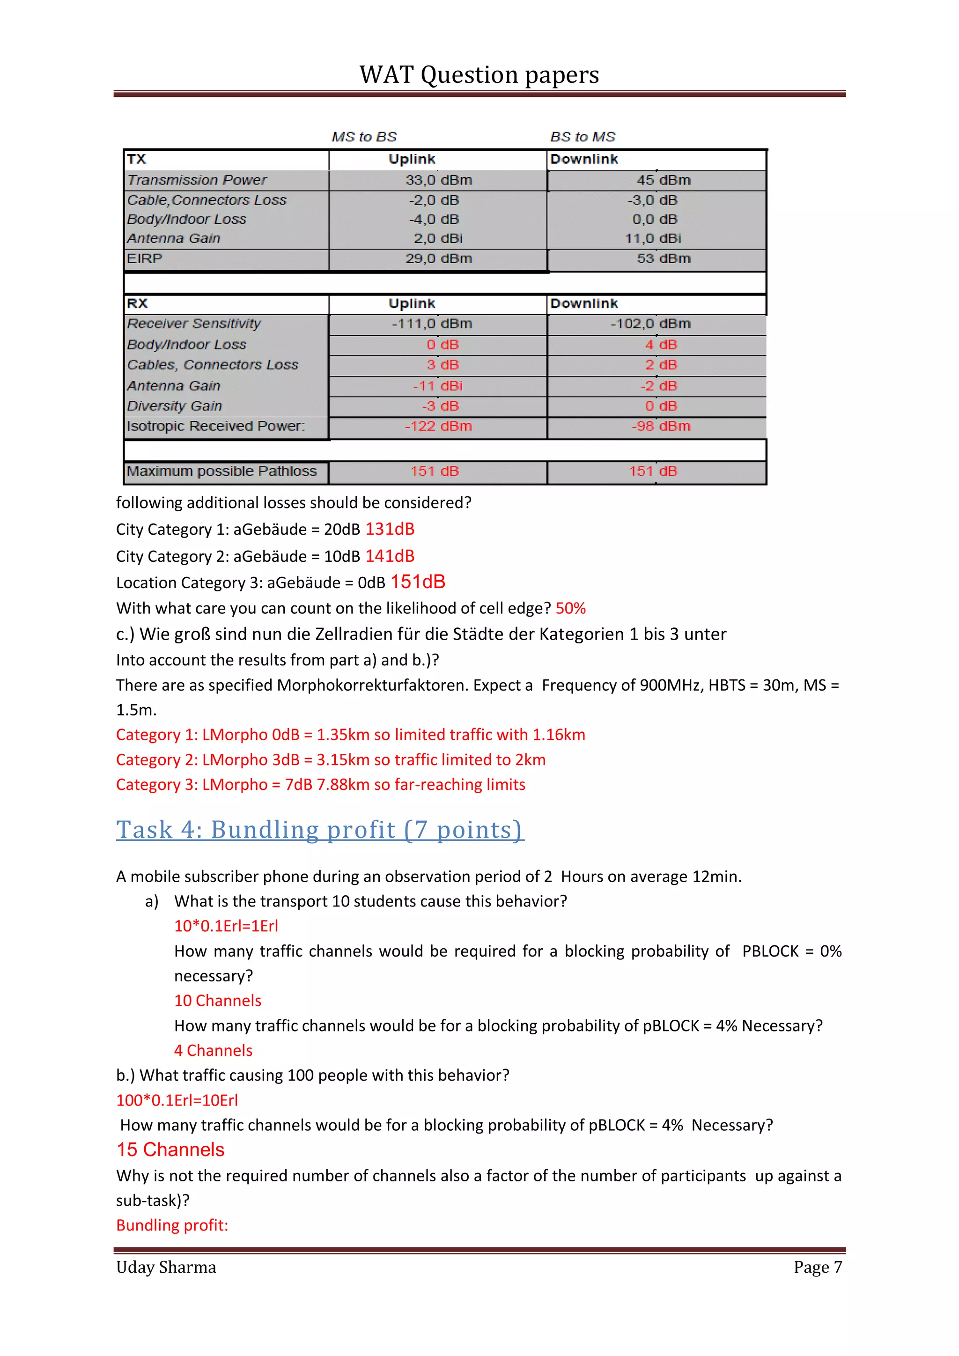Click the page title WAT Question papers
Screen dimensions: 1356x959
[x=479, y=75]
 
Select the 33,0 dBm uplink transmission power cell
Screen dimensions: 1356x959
[x=438, y=180]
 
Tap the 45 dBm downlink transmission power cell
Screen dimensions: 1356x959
[x=663, y=180]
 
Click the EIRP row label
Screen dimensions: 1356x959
[x=145, y=258]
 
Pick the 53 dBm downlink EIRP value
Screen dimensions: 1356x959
[x=663, y=258]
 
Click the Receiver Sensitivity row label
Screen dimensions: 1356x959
[x=194, y=324]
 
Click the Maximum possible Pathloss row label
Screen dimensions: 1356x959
[x=221, y=472]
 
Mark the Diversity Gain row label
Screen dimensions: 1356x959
[x=174, y=406]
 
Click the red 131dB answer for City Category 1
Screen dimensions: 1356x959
[x=390, y=529]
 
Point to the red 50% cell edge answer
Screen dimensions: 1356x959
[x=570, y=608]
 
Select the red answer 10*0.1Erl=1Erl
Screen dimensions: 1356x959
[x=226, y=926]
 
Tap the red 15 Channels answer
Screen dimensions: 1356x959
[x=170, y=1150]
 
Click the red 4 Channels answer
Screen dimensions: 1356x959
[x=213, y=1051]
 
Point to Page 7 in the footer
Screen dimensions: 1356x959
[x=817, y=1268]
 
